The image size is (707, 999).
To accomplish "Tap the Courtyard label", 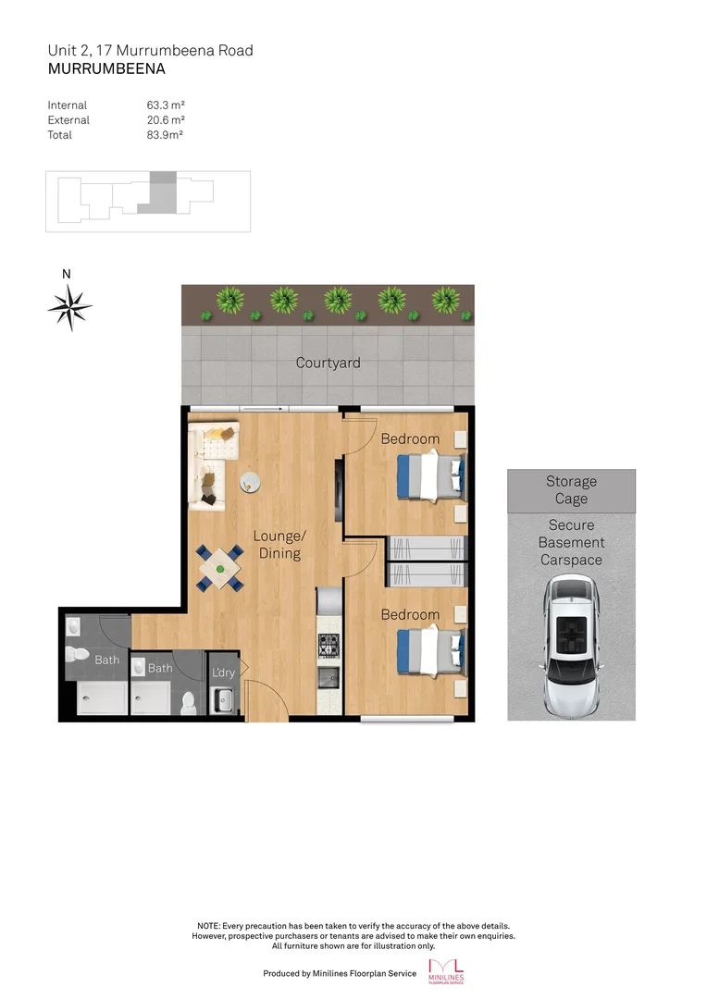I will click(328, 363).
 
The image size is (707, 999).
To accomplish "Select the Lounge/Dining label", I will click(279, 545).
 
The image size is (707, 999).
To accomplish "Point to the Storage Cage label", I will click(571, 490).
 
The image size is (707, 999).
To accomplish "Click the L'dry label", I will click(223, 672).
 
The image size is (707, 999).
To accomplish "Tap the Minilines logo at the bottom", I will click(449, 971).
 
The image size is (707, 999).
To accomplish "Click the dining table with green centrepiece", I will click(219, 568).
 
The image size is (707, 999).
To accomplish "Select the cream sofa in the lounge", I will click(209, 462).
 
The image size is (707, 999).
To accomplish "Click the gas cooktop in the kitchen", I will click(328, 640).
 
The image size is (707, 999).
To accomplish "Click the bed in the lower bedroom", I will click(429, 650).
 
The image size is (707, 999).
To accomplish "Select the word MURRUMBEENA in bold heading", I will click(106, 68).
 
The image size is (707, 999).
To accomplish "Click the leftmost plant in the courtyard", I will click(227, 300).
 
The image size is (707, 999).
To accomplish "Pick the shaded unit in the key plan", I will click(163, 191).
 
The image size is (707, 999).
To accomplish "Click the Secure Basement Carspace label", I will click(571, 543).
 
